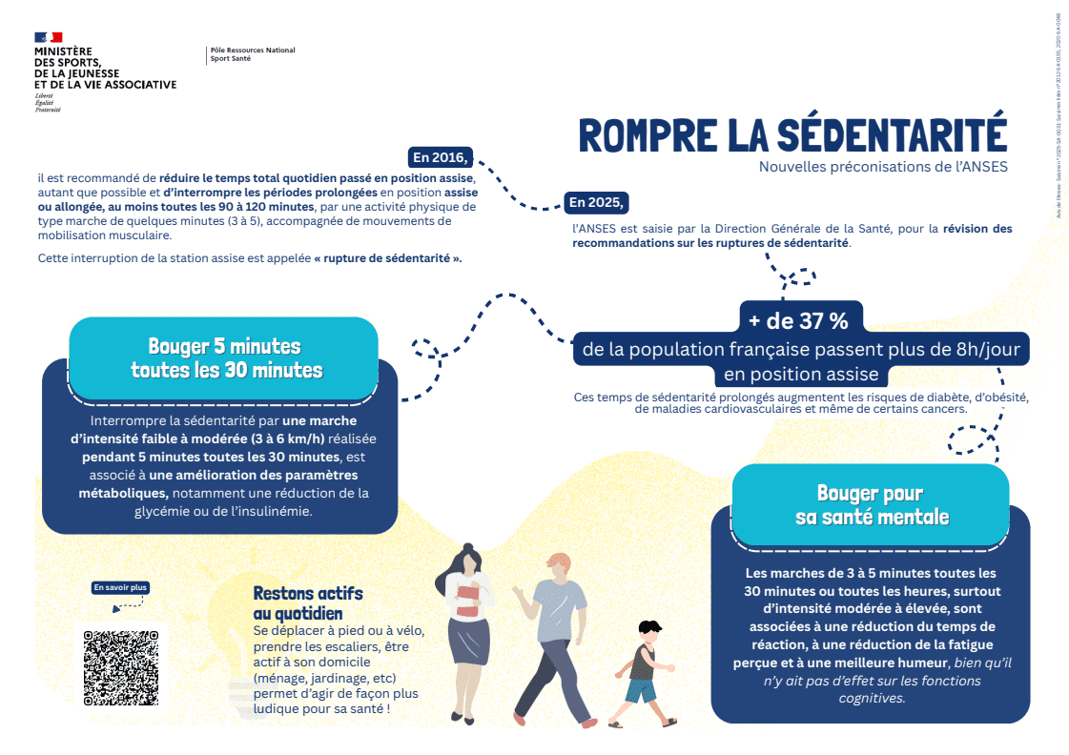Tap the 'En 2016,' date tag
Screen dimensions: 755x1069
(439, 157)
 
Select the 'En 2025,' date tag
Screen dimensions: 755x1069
(596, 202)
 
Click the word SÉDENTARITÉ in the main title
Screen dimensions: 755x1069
(891, 134)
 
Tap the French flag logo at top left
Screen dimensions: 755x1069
(49, 37)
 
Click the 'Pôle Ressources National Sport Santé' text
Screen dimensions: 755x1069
(252, 54)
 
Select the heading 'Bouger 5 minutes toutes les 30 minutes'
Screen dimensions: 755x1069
(226, 357)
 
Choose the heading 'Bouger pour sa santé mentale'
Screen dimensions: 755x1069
(872, 505)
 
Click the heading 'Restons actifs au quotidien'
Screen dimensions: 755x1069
(307, 603)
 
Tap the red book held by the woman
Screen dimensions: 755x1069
(467, 602)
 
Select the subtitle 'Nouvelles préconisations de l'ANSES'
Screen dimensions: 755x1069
(882, 167)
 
